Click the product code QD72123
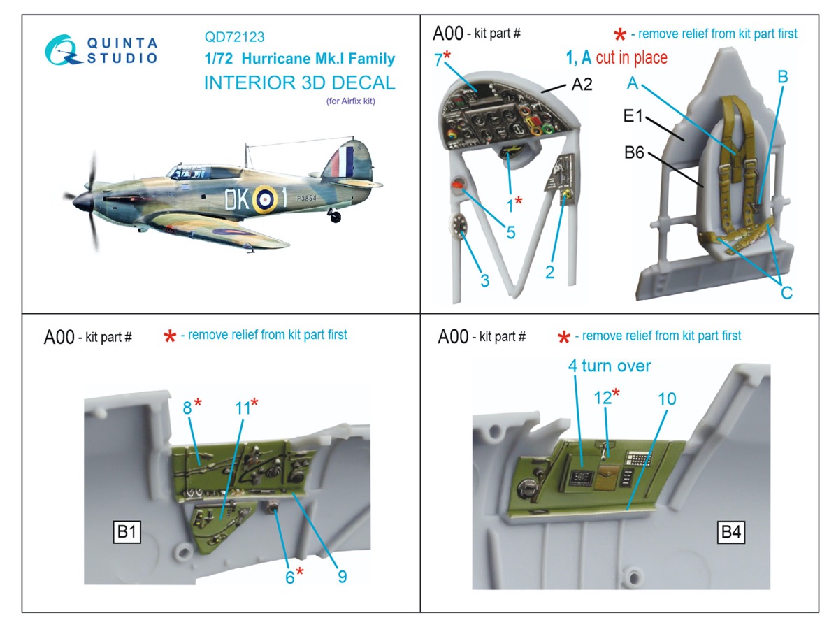(x=234, y=37)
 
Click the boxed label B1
(x=127, y=533)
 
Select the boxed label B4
(x=730, y=533)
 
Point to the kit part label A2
(x=582, y=85)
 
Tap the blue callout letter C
(x=786, y=293)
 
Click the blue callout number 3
(x=484, y=281)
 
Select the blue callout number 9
(x=342, y=576)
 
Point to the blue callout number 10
(x=667, y=398)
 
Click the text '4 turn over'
(x=609, y=366)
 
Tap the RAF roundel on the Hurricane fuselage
(x=265, y=199)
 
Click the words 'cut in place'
(x=631, y=58)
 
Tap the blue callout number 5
(x=511, y=233)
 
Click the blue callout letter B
(x=782, y=77)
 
